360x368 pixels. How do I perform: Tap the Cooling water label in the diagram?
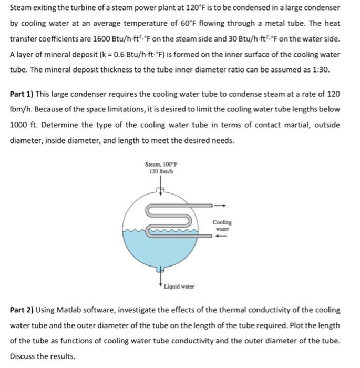pyautogui.click(x=222, y=226)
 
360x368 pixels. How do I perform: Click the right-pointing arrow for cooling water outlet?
pyautogui.click(x=222, y=206)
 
